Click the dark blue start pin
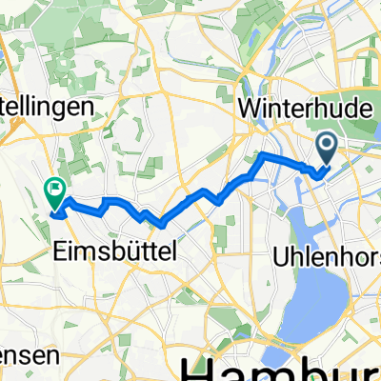point(326,148)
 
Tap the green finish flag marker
point(54,195)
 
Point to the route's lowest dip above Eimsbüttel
point(159,226)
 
